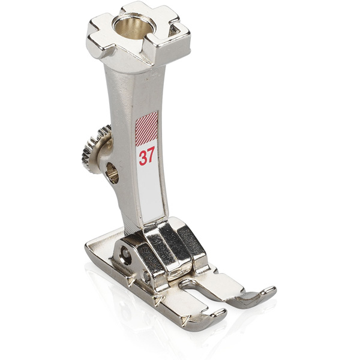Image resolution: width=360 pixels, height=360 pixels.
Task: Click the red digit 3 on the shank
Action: pos(143,158)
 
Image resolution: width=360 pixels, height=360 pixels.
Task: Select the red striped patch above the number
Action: pos(147,129)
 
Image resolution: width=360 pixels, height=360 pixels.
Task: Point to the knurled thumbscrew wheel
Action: pos(93,149)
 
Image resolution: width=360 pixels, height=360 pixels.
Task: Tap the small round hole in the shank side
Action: pos(113,172)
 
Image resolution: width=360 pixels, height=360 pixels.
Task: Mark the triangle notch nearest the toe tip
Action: pos(187,319)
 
